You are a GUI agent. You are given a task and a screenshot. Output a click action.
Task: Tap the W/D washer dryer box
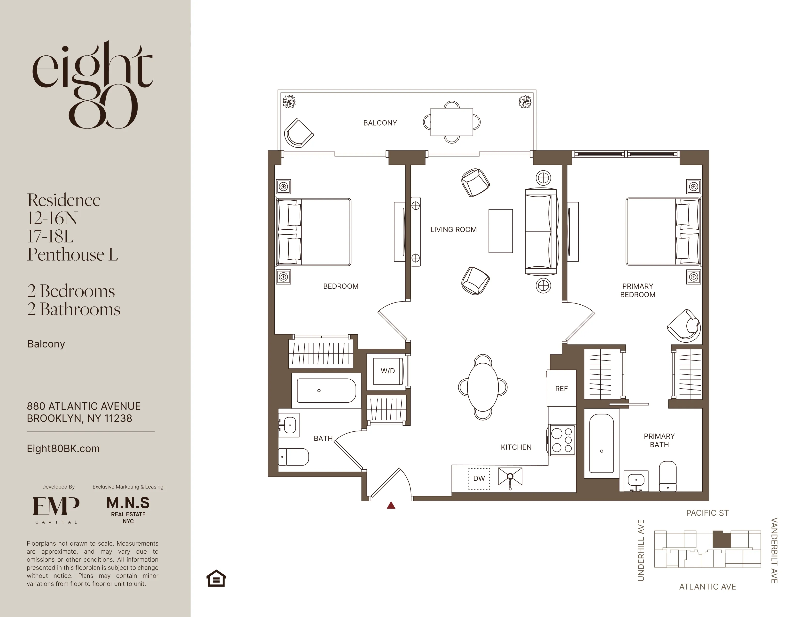click(388, 371)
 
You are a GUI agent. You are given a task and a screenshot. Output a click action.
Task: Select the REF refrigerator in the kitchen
click(561, 389)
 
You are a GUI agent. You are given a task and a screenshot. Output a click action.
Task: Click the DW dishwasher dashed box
click(479, 478)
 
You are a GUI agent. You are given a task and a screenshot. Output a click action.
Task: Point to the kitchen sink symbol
click(510, 477)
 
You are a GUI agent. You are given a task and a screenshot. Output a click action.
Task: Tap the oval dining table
click(483, 387)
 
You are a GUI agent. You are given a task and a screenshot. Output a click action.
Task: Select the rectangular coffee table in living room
click(500, 231)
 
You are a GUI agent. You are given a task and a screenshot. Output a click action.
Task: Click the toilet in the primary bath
click(668, 476)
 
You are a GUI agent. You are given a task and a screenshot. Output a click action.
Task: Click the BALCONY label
click(380, 123)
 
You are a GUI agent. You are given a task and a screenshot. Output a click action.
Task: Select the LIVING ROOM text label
click(453, 230)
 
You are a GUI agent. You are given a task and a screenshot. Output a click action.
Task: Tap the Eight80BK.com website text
click(63, 449)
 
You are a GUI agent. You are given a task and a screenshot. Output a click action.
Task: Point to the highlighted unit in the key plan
click(721, 539)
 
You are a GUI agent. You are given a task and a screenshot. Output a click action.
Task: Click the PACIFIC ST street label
click(707, 513)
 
